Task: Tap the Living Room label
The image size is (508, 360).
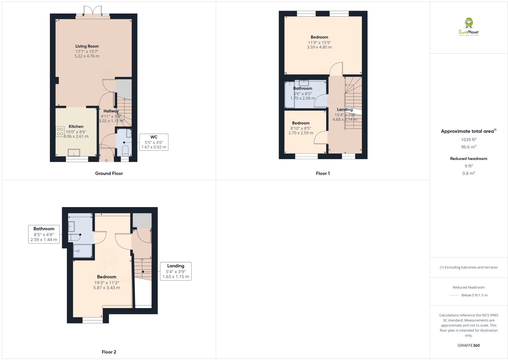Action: click(x=87, y=46)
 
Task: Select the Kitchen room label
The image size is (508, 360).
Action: click(x=76, y=127)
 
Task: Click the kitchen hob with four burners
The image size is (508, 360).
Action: click(x=60, y=132)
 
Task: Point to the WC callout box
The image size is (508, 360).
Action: click(x=154, y=142)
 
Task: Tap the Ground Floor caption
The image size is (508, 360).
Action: click(x=109, y=173)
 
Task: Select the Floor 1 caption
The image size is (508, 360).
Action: click(x=323, y=173)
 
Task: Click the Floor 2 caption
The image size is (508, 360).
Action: click(x=109, y=352)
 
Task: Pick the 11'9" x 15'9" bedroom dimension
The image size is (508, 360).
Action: click(x=319, y=43)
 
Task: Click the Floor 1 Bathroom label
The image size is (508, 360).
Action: click(x=303, y=88)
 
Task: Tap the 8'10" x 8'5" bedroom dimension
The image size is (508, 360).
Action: click(x=301, y=129)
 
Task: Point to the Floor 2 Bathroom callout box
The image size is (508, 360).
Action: click(x=44, y=234)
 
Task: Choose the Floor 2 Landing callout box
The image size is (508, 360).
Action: click(x=176, y=271)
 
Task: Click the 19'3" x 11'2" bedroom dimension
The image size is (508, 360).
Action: click(x=107, y=283)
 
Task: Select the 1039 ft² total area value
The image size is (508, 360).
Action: click(x=469, y=139)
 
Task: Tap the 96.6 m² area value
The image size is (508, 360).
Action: click(x=469, y=147)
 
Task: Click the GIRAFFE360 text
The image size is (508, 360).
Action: click(x=469, y=345)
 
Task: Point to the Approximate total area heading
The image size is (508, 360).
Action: click(x=468, y=131)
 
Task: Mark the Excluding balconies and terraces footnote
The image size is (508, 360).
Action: click(x=469, y=267)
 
